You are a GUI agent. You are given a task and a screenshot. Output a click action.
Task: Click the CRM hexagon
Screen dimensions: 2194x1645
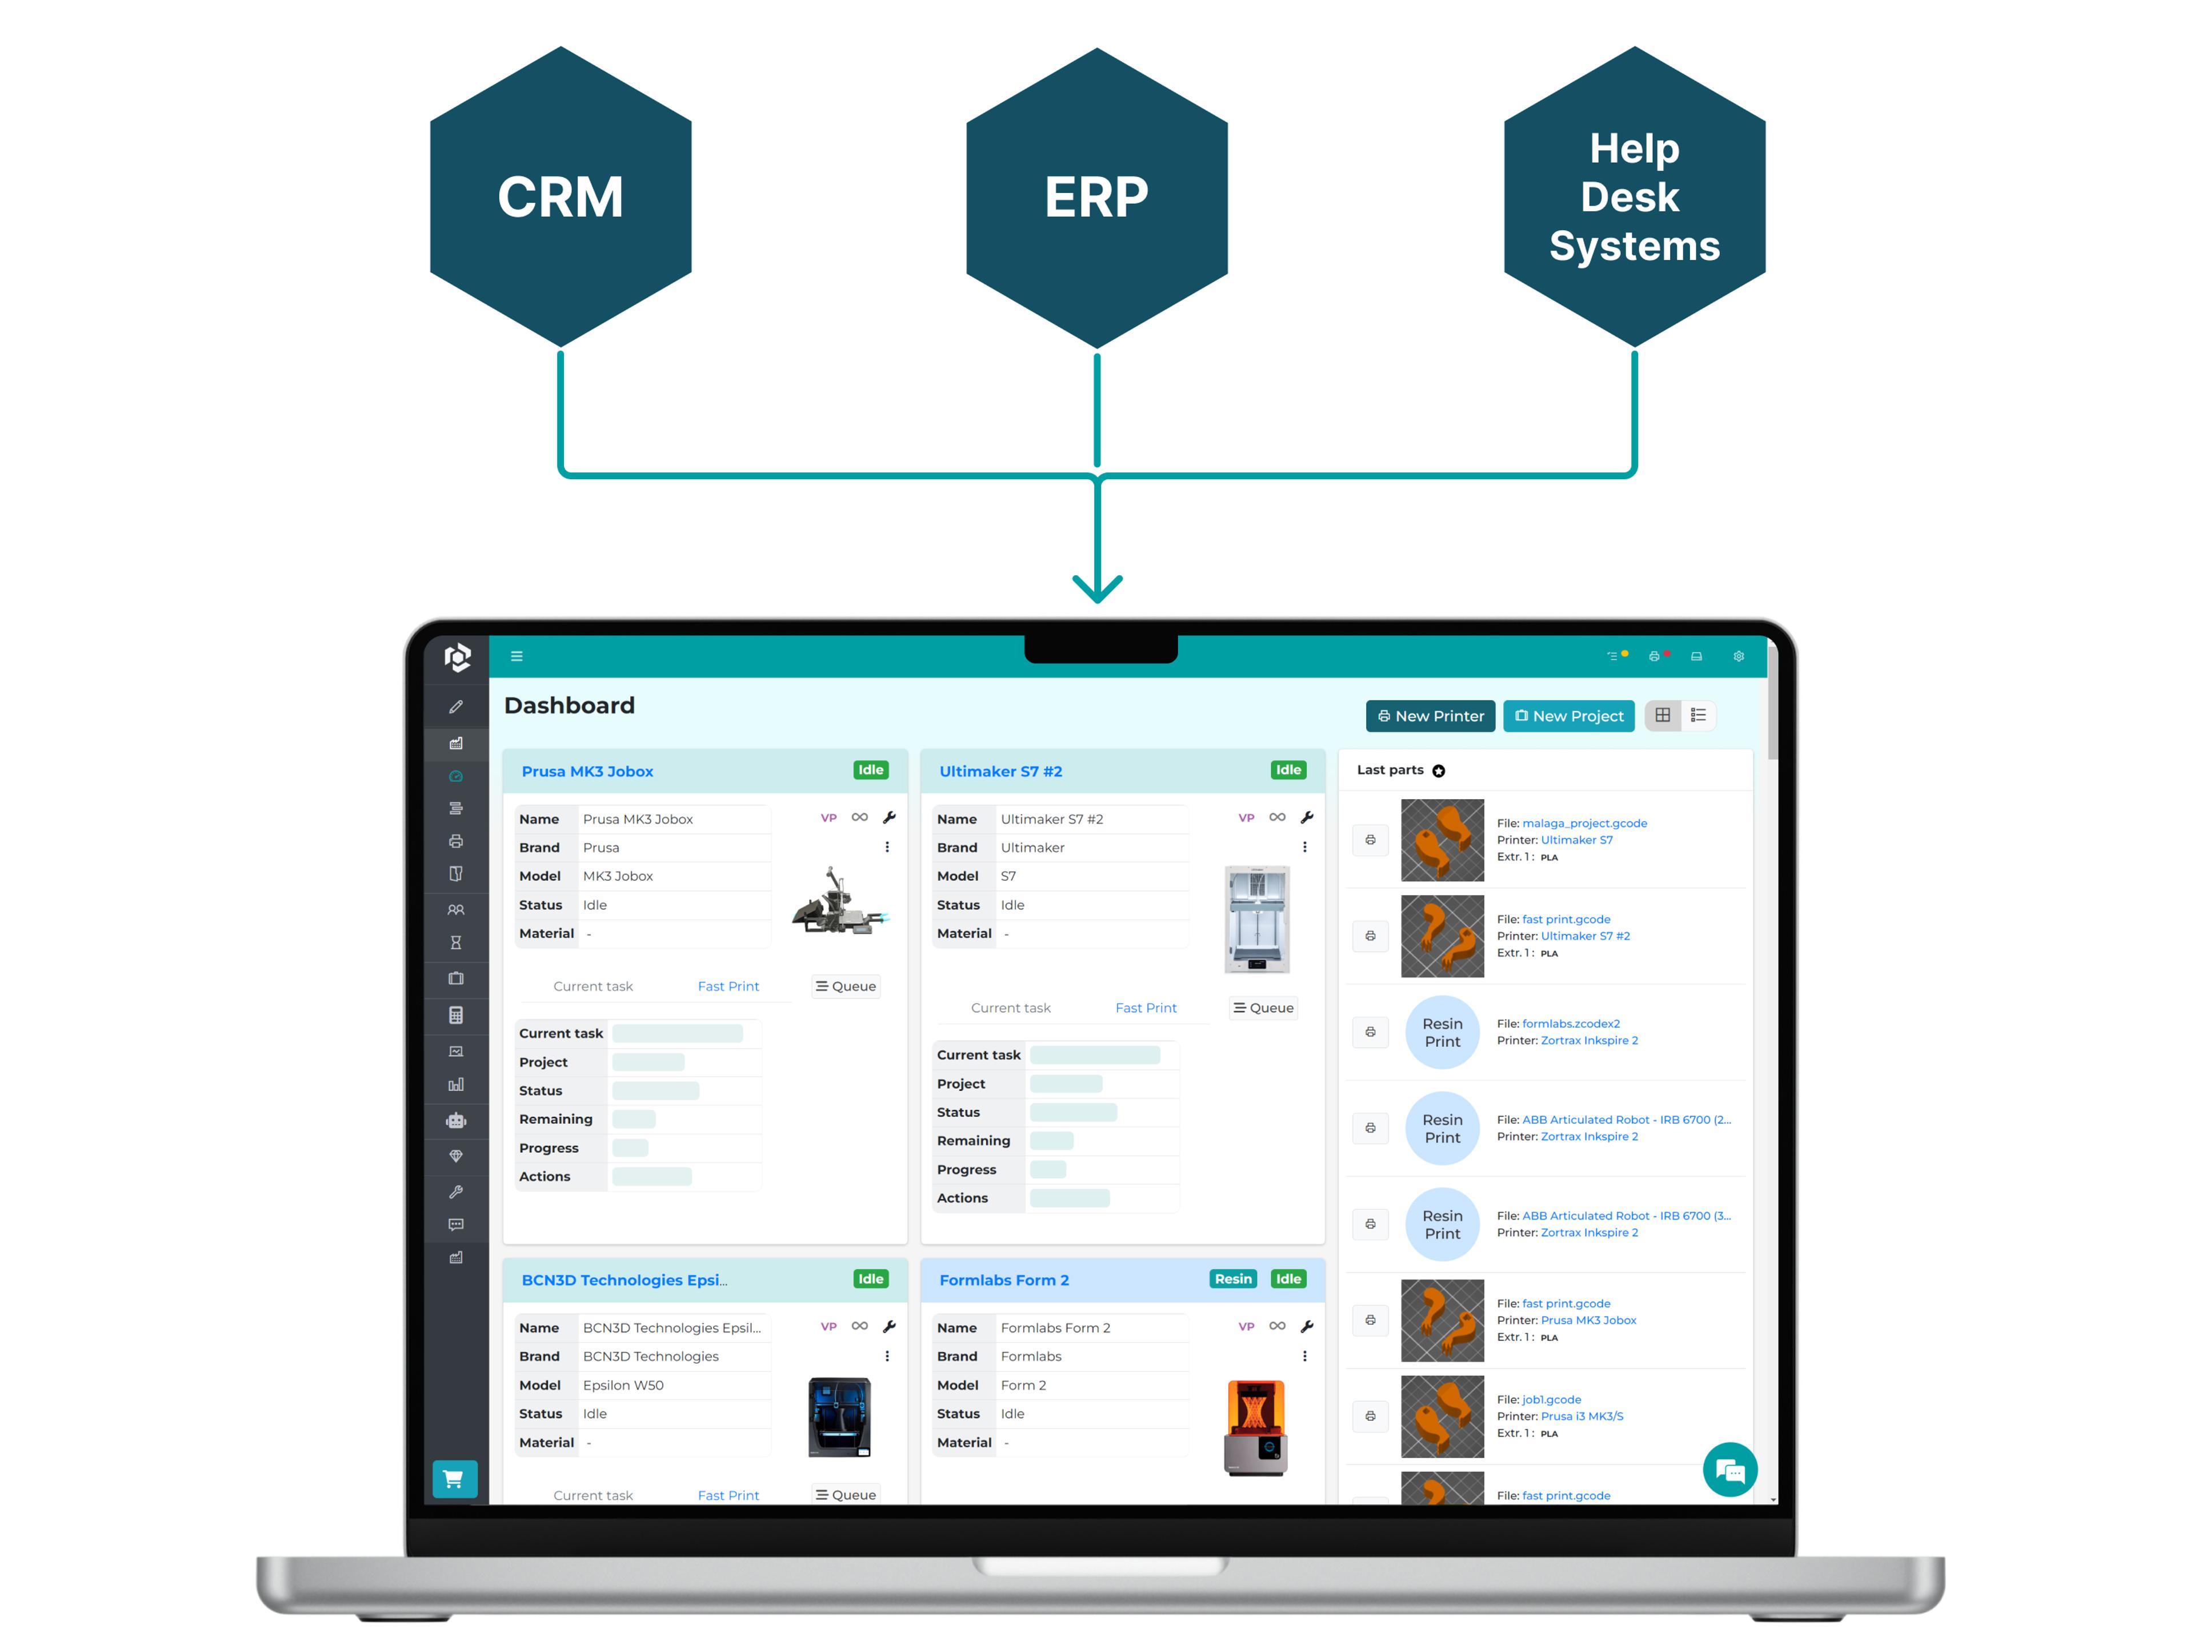click(560, 196)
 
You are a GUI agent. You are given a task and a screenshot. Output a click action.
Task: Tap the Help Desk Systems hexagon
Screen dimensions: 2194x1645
click(1634, 196)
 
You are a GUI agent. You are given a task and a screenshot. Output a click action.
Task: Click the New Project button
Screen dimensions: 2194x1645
click(1568, 716)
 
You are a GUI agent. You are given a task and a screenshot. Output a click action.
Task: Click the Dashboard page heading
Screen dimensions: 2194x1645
click(569, 705)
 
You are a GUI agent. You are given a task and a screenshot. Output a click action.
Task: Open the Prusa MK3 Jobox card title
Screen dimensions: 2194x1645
click(587, 772)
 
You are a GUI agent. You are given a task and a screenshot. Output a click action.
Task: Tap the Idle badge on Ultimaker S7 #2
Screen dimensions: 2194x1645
click(1287, 771)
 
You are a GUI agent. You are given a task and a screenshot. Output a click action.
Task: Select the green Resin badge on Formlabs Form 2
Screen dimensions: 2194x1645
click(1233, 1279)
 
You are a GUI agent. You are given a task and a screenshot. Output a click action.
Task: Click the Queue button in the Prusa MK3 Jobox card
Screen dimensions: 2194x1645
click(846, 986)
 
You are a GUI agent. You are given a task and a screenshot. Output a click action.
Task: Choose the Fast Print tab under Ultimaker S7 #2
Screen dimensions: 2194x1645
click(1146, 1008)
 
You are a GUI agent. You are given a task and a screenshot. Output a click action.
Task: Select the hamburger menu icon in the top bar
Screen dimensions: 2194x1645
click(517, 656)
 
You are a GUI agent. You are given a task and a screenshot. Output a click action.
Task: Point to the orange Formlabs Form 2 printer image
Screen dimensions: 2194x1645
click(1256, 1428)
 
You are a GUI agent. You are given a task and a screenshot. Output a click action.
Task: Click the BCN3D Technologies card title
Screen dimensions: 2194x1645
click(624, 1280)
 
